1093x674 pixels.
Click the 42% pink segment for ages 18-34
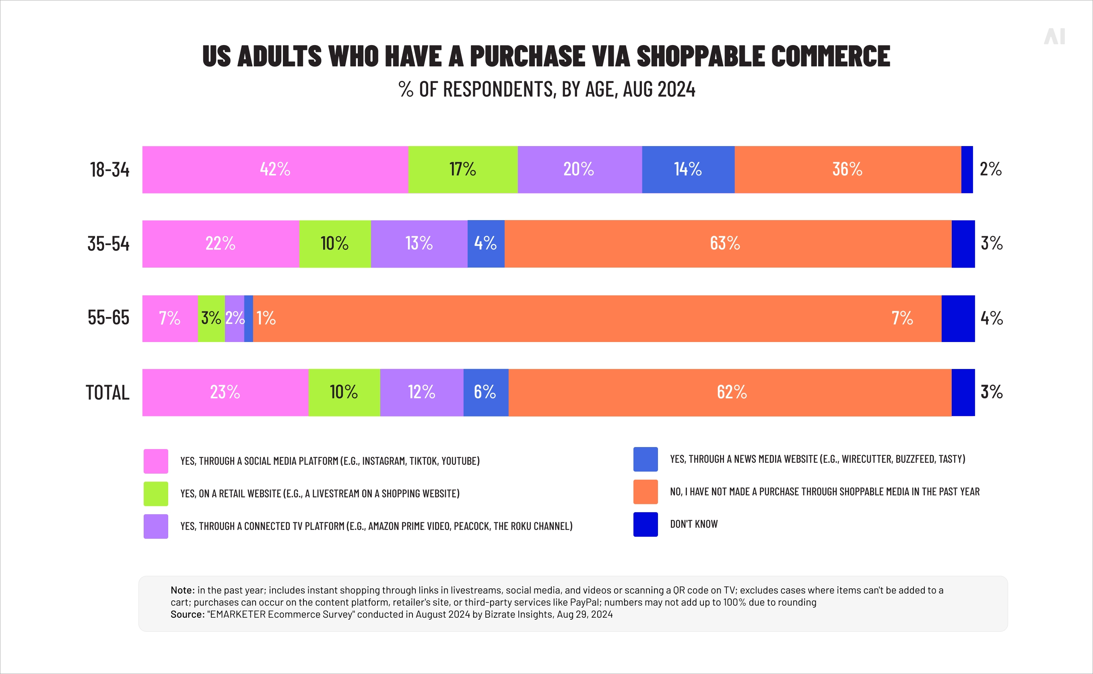pos(275,169)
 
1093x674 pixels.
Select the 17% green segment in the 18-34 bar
pos(463,169)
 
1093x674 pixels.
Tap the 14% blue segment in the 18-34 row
pos(688,169)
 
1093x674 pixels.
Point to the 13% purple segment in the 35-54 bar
pos(419,244)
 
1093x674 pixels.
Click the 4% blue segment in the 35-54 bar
pos(486,244)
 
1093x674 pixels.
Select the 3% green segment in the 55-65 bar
pos(211,318)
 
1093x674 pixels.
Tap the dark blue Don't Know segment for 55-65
pos(958,318)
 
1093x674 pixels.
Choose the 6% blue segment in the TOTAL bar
pos(486,392)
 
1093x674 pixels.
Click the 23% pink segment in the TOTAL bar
pos(225,392)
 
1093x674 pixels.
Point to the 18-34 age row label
pos(109,170)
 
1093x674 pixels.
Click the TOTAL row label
pos(107,393)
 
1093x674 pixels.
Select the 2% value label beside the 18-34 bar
pos(990,169)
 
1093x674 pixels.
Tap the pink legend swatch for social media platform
pos(156,461)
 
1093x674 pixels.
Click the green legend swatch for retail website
pos(156,493)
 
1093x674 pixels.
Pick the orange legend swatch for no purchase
pos(645,492)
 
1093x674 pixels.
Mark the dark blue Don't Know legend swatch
pos(645,524)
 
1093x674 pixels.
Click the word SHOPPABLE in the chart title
pos(700,57)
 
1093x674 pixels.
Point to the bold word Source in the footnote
pos(186,614)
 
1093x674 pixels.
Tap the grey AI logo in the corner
pos(1054,37)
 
